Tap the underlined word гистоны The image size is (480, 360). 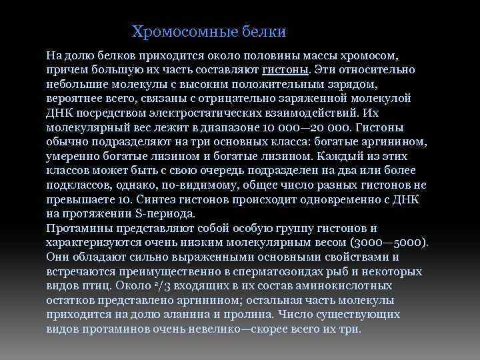pyautogui.click(x=285, y=69)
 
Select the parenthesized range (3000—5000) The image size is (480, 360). pyautogui.click(x=393, y=243)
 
